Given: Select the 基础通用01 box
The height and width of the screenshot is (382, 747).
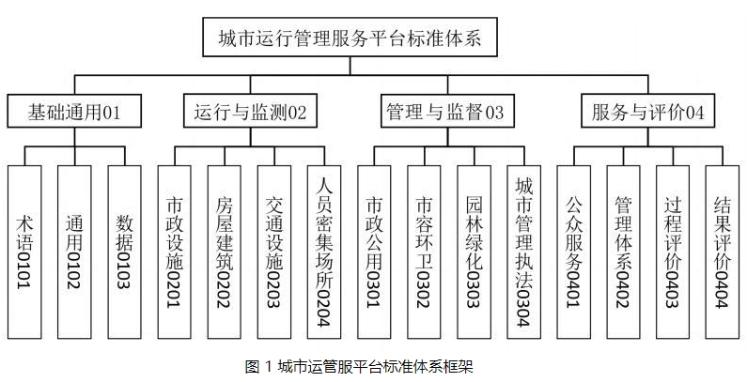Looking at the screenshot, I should tap(75, 113).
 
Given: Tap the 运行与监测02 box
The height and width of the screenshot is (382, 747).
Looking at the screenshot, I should tap(249, 113).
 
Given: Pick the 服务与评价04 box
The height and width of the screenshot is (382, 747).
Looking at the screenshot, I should tap(647, 113).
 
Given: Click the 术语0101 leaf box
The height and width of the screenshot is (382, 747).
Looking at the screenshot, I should tap(25, 252).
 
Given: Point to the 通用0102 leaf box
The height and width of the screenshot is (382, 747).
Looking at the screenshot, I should tap(75, 252).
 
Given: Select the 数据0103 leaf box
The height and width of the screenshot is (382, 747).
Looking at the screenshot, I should tap(126, 252).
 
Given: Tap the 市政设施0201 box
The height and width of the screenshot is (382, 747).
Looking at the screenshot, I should tap(176, 252).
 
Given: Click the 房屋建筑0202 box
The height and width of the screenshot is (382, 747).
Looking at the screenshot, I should tap(226, 252).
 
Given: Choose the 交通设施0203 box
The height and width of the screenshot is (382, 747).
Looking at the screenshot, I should tap(275, 252).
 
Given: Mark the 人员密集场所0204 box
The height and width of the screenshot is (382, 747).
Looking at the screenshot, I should tap(325, 252).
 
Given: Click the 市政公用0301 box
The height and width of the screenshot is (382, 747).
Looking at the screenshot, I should tap(375, 252).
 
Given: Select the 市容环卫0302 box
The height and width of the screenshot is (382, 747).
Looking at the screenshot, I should tap(425, 252).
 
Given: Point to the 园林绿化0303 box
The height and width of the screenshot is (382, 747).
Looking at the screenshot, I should tap(475, 252).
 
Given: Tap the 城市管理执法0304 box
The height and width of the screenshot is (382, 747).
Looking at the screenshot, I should tap(524, 252).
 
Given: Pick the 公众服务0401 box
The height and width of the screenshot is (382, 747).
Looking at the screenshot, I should tap(574, 252).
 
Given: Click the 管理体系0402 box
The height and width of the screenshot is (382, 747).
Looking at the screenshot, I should tap(624, 252).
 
